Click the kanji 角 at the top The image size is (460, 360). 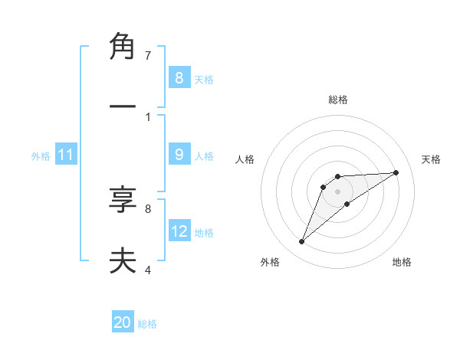pos(123,47)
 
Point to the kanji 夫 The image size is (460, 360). pos(123,261)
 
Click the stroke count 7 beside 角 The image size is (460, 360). pos(148,56)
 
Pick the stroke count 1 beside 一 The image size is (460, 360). pos(148,116)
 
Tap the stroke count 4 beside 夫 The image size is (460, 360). pos(148,270)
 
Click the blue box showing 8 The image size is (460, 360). pos(179,78)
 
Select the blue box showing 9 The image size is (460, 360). pos(179,155)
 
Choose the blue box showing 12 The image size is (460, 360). pos(179,231)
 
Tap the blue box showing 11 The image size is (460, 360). pos(65,155)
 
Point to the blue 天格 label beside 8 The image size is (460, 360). pos(204,79)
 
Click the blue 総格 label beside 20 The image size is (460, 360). pos(147,324)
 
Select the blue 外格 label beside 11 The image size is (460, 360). pos(41,156)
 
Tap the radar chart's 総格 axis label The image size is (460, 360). pos(338,100)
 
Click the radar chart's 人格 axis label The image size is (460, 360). pos(245,159)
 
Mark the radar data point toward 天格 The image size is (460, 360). pos(396,172)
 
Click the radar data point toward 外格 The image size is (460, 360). pos(302,242)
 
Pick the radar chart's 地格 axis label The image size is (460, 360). pos(402,262)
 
